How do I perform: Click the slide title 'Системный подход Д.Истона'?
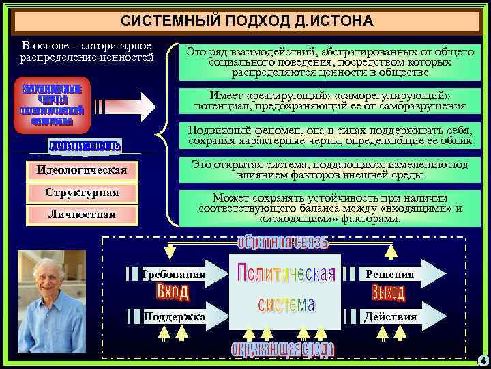point(246,21)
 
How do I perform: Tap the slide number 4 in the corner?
point(481,360)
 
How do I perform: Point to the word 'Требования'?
point(175,274)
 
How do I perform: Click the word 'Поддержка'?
point(175,317)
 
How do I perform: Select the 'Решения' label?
point(389,274)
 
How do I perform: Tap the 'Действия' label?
point(389,317)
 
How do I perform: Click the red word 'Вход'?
point(173,292)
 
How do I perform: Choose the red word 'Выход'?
point(389,293)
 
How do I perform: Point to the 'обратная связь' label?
point(283,243)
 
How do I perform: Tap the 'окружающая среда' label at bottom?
point(282,349)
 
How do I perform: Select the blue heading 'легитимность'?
point(85,146)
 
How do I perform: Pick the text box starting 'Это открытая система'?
point(329,169)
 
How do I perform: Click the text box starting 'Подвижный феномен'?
point(329,136)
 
